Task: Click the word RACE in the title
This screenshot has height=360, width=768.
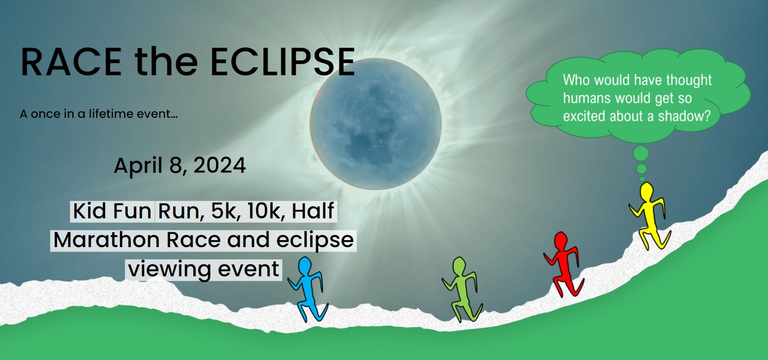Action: [71, 62]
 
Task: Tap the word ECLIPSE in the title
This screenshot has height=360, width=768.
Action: [282, 62]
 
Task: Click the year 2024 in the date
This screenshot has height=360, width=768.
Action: [219, 165]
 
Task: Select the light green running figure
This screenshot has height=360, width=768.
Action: [462, 290]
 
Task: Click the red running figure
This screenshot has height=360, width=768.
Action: [564, 264]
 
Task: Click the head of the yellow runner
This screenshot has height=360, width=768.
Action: [647, 192]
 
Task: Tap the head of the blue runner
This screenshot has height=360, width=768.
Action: [305, 266]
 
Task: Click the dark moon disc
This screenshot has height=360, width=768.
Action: [376, 124]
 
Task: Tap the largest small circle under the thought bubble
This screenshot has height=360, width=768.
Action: [641, 153]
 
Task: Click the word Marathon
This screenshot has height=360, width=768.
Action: [107, 240]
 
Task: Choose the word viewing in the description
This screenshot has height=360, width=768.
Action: [170, 269]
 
